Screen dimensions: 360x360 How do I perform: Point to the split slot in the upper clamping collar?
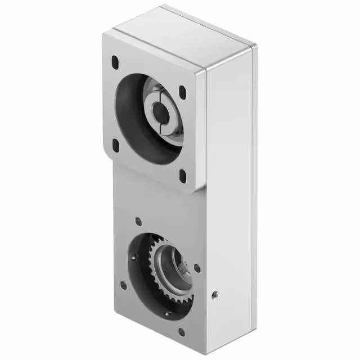pos(167,118)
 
